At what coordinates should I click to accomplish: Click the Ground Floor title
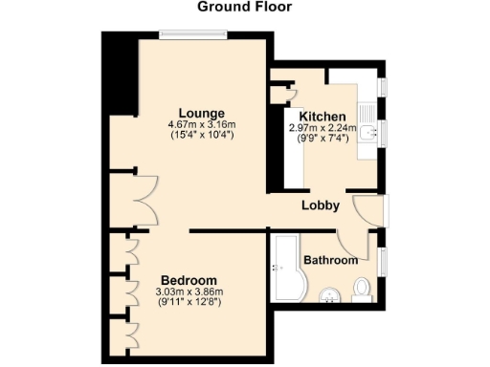(244, 7)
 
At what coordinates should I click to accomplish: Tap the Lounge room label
(201, 113)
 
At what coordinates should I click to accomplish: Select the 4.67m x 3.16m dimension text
(201, 124)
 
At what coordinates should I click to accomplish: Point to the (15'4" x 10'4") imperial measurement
(201, 135)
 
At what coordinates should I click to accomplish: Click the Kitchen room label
(323, 116)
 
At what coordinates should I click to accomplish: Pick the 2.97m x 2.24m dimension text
(323, 127)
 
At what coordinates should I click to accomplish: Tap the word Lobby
(321, 205)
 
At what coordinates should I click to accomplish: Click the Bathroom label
(331, 260)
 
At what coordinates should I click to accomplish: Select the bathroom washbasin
(330, 294)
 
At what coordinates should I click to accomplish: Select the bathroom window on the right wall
(384, 259)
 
